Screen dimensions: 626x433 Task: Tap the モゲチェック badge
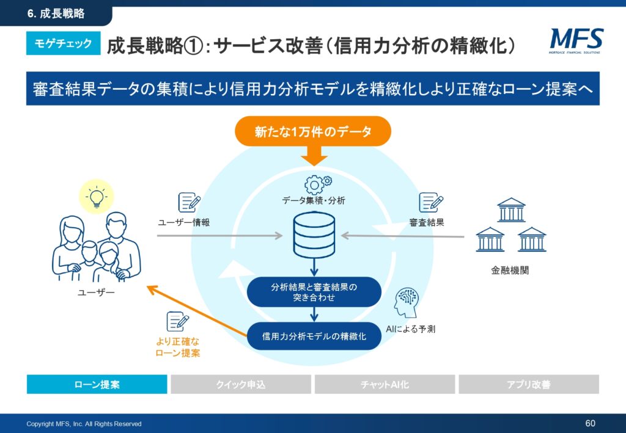[64, 43]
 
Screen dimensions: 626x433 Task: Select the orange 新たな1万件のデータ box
[312, 131]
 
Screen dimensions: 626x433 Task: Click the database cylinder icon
[314, 235]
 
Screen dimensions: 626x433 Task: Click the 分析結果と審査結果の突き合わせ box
[314, 292]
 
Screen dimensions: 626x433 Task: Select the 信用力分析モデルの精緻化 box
[314, 336]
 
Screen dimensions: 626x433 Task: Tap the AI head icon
[407, 303]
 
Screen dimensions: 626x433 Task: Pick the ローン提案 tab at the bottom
[97, 384]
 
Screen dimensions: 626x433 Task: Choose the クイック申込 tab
[241, 384]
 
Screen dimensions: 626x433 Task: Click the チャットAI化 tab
[385, 384]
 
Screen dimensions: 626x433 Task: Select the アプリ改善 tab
[529, 384]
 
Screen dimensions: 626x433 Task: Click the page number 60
[590, 423]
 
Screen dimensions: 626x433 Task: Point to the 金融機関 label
[510, 271]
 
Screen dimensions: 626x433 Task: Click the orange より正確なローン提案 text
[178, 347]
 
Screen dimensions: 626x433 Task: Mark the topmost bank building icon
[511, 209]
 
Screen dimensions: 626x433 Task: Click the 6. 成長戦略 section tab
[56, 13]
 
